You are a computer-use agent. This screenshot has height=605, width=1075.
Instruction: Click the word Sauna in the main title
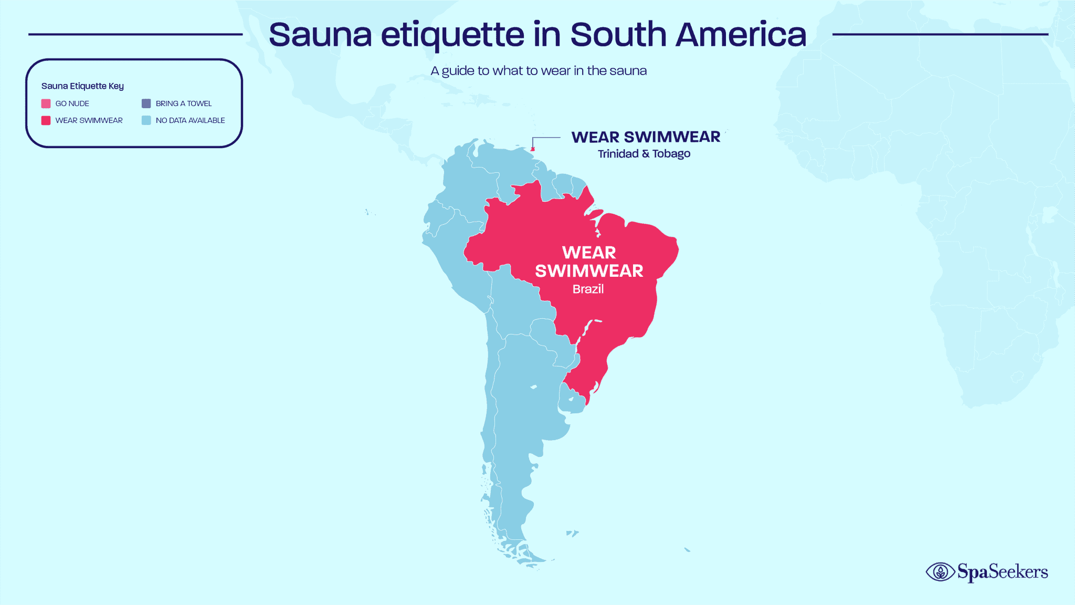pyautogui.click(x=320, y=35)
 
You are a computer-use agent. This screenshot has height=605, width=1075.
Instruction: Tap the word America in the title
pyautogui.click(x=741, y=35)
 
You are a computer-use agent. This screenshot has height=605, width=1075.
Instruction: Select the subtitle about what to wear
pyautogui.click(x=539, y=71)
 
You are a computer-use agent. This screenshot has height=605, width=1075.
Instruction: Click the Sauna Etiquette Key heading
pyautogui.click(x=82, y=86)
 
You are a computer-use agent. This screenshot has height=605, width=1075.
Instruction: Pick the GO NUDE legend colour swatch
pyautogui.click(x=46, y=103)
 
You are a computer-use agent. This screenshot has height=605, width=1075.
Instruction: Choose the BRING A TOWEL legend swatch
pyautogui.click(x=146, y=103)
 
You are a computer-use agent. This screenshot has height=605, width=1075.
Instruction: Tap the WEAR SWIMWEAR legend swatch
pyautogui.click(x=46, y=120)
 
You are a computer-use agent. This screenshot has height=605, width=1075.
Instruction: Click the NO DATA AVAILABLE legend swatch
pyautogui.click(x=146, y=120)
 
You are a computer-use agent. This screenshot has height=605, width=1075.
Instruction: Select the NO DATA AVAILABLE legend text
pyautogui.click(x=190, y=120)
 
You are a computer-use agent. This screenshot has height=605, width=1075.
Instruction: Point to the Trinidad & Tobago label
pyautogui.click(x=644, y=154)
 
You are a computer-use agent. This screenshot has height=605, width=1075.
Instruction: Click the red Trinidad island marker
pyautogui.click(x=533, y=149)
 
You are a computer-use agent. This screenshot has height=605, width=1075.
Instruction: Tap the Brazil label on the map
pyautogui.click(x=588, y=289)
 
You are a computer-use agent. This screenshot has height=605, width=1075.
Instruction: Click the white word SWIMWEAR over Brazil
pyautogui.click(x=589, y=271)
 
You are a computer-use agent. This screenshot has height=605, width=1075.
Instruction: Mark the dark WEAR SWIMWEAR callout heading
pyautogui.click(x=646, y=137)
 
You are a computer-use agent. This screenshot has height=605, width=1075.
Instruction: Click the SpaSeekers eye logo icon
pyautogui.click(x=940, y=572)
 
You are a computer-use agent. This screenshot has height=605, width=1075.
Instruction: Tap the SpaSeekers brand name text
pyautogui.click(x=1003, y=572)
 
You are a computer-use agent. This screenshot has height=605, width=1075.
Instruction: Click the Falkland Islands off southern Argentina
pyautogui.click(x=572, y=534)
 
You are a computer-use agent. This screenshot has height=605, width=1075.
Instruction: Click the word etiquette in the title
pyautogui.click(x=452, y=35)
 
